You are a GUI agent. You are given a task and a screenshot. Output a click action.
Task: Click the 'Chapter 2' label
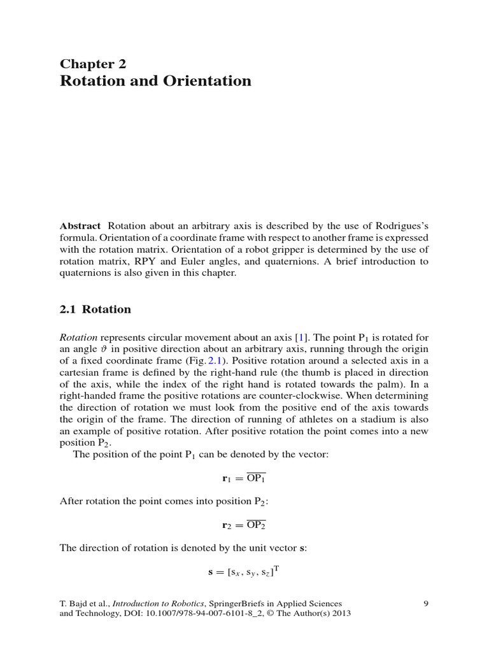click(x=93, y=63)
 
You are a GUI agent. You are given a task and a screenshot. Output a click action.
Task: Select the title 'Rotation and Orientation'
click(x=155, y=81)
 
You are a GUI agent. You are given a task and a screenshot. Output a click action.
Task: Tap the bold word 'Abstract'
click(x=80, y=226)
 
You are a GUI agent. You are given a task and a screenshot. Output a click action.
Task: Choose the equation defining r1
click(x=244, y=478)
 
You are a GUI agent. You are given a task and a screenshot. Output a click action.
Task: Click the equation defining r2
click(x=244, y=525)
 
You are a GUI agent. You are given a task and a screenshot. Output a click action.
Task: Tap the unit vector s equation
click(x=244, y=572)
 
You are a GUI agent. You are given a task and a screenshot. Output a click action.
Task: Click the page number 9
click(x=425, y=603)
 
